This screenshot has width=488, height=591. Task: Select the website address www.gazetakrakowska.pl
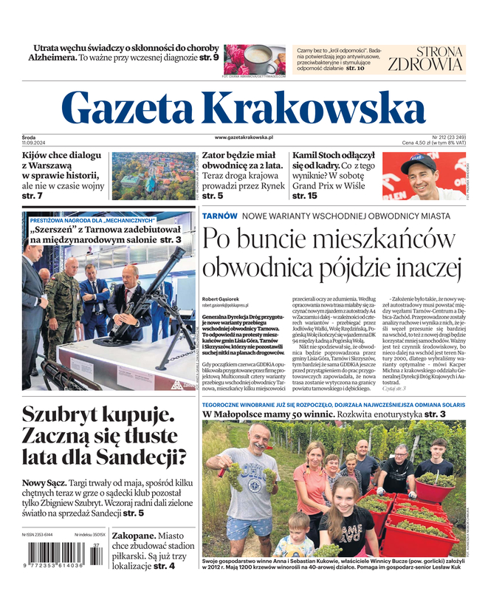pyautogui.click(x=244, y=137)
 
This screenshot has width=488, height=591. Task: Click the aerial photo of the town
pyautogui.click(x=152, y=176)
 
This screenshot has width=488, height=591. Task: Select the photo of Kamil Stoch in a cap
pyautogui.click(x=424, y=176)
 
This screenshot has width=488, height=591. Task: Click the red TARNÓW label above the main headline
pyautogui.click(x=220, y=216)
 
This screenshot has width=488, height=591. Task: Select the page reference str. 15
pyautogui.click(x=305, y=196)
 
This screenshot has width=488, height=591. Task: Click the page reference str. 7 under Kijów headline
pyautogui.click(x=32, y=196)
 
